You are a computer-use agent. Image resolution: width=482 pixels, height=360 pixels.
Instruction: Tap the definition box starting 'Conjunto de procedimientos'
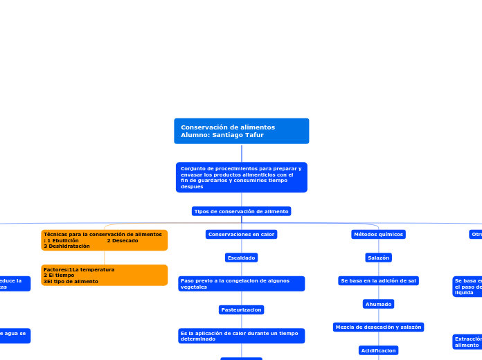click(241, 177)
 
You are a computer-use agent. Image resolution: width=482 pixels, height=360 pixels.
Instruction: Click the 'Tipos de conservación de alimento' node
click(241, 211)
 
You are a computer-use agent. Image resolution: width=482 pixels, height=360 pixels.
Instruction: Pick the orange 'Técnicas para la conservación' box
click(104, 240)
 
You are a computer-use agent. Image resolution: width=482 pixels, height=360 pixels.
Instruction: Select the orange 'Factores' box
click(104, 275)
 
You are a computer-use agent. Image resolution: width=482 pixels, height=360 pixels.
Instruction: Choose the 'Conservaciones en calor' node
click(241, 235)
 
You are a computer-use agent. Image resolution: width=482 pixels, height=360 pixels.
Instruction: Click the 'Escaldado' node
click(241, 258)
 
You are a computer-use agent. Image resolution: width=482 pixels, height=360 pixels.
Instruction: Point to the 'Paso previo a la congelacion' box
click(241, 284)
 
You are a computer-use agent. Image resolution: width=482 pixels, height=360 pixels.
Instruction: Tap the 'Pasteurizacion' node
click(241, 309)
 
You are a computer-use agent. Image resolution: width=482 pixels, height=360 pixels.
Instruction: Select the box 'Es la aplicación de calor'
click(241, 336)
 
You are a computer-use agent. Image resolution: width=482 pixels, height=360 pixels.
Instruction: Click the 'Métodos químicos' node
click(378, 235)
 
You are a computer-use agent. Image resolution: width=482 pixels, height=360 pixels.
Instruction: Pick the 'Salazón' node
click(378, 258)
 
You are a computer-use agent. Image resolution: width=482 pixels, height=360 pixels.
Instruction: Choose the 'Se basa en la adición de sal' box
click(378, 280)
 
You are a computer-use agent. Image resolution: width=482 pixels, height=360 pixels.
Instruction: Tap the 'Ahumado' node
click(378, 304)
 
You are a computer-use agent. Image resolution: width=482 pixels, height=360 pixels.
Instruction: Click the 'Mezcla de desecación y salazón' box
click(378, 327)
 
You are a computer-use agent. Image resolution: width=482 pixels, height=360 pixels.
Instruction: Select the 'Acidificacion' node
click(378, 350)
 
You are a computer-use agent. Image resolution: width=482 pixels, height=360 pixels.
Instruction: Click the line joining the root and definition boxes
click(241, 153)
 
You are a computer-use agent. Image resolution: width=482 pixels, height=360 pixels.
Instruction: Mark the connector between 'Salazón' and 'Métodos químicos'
click(378, 246)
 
